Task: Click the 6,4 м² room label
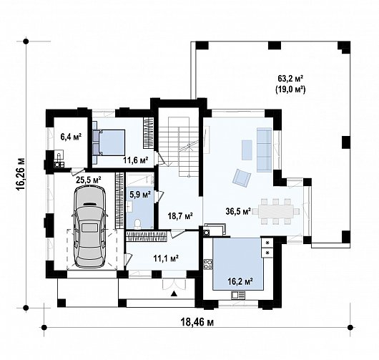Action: pos(71,137)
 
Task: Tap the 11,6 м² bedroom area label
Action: pos(136,160)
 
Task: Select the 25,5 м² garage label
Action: pos(89,180)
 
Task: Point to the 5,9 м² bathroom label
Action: pos(140,195)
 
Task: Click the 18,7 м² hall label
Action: pos(180,215)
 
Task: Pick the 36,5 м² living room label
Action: pos(238,211)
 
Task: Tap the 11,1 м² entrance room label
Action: pos(166,258)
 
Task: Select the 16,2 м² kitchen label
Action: pos(240,281)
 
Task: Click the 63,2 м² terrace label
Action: pos(290,79)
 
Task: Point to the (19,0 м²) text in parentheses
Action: pos(290,89)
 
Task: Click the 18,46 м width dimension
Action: pos(197,322)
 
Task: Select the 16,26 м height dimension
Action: pos(21,175)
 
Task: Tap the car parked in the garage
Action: pos(90,226)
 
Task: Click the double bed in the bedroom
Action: pos(109,142)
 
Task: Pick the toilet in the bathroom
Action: pos(138,223)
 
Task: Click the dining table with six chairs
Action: pos(276,211)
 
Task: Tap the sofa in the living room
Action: pos(265,150)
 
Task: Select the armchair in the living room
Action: pos(242,177)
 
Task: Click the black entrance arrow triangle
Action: pos(174,293)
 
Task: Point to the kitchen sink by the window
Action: pos(238,295)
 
